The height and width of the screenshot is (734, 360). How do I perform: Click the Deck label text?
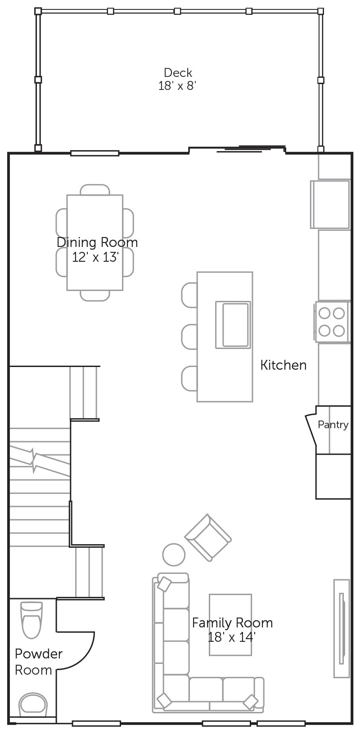coord(178,72)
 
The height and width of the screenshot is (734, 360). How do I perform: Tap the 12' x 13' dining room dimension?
coord(95,257)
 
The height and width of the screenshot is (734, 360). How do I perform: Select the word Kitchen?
coord(283,365)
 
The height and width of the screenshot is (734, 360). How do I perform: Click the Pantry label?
coord(333,425)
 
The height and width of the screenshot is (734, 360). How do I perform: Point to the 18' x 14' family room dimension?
coord(231,637)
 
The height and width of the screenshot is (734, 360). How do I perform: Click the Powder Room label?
coord(39,662)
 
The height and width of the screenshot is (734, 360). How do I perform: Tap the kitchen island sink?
coord(233,325)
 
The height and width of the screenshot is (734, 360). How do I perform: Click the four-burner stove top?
coord(332,322)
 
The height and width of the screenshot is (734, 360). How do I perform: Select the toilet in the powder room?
coord(31,619)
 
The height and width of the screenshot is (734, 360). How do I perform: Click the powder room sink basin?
coord(33,704)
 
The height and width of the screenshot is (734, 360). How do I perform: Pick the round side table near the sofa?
coord(174,555)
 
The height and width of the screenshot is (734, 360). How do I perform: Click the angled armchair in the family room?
coord(208,538)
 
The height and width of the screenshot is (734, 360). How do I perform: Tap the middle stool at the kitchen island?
coord(189,337)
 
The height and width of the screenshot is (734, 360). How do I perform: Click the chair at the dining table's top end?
coord(95,190)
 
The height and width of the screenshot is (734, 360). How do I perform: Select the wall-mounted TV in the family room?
coord(342,628)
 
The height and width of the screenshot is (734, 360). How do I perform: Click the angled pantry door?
coord(311,430)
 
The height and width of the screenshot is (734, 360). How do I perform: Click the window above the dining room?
coord(95,153)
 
